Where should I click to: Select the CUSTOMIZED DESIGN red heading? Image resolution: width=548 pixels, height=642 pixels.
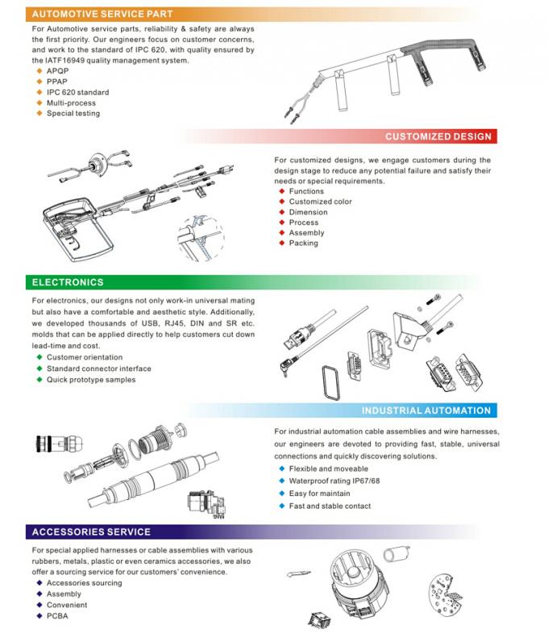tap(438, 137)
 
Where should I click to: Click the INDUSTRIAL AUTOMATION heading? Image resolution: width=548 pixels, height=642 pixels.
tap(426, 411)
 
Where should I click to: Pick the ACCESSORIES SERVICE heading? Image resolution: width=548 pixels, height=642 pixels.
tap(90, 532)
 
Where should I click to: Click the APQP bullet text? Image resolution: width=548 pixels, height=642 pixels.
tap(56, 72)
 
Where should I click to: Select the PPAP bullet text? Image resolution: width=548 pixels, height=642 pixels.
tap(56, 82)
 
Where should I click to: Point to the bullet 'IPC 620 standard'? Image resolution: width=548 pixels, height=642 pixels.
tap(77, 93)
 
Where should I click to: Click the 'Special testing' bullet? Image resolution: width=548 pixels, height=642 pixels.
tap(73, 114)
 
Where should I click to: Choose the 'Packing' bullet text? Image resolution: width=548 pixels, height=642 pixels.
tap(303, 243)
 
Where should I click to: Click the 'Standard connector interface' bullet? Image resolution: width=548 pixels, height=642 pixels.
tap(98, 369)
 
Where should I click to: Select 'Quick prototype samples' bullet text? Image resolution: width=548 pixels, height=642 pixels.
tap(91, 379)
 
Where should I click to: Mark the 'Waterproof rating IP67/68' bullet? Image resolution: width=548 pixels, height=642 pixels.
tap(334, 481)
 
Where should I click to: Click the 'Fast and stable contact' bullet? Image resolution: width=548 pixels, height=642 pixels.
tap(330, 506)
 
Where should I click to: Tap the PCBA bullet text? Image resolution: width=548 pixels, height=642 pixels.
tap(57, 616)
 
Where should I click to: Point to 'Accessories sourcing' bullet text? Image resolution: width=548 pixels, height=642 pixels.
tap(83, 583)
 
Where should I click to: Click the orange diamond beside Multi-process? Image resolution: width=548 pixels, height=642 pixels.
tap(38, 103)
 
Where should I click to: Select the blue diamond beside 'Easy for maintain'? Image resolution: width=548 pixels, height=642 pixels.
tap(281, 493)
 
